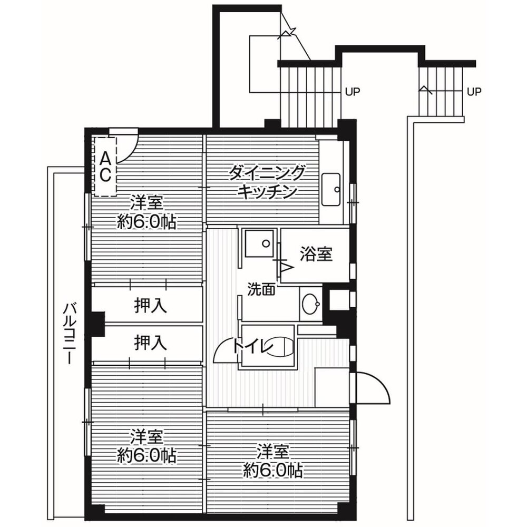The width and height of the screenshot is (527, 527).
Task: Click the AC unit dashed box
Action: (x=105, y=167)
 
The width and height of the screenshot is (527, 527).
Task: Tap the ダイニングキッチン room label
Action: (x=267, y=182)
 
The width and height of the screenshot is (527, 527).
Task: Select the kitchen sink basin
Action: (x=331, y=189)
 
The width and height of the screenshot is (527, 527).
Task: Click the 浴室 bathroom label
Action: (x=316, y=254)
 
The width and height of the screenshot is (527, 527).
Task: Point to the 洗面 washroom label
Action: (x=261, y=289)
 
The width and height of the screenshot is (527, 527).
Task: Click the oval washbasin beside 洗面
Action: (x=310, y=304)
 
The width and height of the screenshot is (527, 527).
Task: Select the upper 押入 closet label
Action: (x=151, y=306)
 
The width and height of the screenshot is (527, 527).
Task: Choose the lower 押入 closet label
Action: (x=151, y=343)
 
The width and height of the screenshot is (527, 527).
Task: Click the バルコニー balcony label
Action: (x=70, y=333)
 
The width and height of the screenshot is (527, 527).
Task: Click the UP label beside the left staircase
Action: (x=353, y=91)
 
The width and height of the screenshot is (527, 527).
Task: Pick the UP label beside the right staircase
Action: (x=474, y=91)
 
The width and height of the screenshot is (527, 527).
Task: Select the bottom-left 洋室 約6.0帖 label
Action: (x=147, y=446)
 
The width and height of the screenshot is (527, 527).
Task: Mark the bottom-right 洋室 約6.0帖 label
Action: (x=273, y=461)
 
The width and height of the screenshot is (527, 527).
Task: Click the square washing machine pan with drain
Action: (x=259, y=243)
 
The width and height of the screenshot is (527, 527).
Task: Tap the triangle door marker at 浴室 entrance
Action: (x=287, y=268)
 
